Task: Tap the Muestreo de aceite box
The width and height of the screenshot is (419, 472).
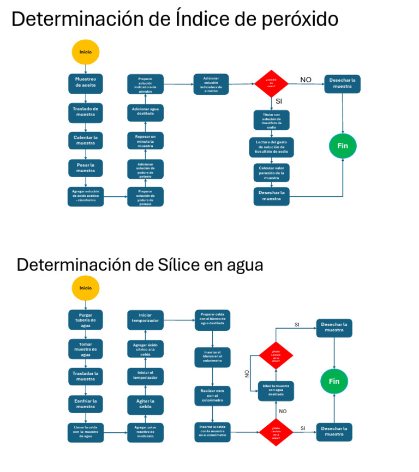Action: tap(86, 83)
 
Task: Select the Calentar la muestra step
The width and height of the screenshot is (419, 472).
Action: tap(86, 140)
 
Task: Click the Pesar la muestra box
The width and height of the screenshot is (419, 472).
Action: tap(86, 167)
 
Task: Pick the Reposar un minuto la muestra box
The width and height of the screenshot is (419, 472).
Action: tap(145, 141)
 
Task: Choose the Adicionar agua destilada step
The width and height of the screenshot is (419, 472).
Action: tap(145, 112)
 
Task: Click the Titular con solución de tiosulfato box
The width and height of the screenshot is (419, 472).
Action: tap(272, 120)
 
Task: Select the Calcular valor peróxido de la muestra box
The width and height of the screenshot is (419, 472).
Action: tap(272, 172)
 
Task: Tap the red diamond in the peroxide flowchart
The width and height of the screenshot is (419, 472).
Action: tap(271, 83)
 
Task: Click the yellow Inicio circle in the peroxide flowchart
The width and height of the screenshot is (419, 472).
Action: tap(86, 52)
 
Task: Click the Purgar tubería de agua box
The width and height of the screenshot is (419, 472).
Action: tap(86, 320)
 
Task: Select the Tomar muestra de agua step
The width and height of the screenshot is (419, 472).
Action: tap(86, 348)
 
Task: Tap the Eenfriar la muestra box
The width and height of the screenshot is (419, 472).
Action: tap(86, 404)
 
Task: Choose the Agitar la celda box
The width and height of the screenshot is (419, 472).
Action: tap(145, 404)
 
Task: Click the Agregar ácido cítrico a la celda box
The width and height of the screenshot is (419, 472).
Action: tap(145, 349)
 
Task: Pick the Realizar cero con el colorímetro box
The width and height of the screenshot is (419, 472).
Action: tap(212, 396)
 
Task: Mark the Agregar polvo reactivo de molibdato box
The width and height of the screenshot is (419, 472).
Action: tap(145, 432)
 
